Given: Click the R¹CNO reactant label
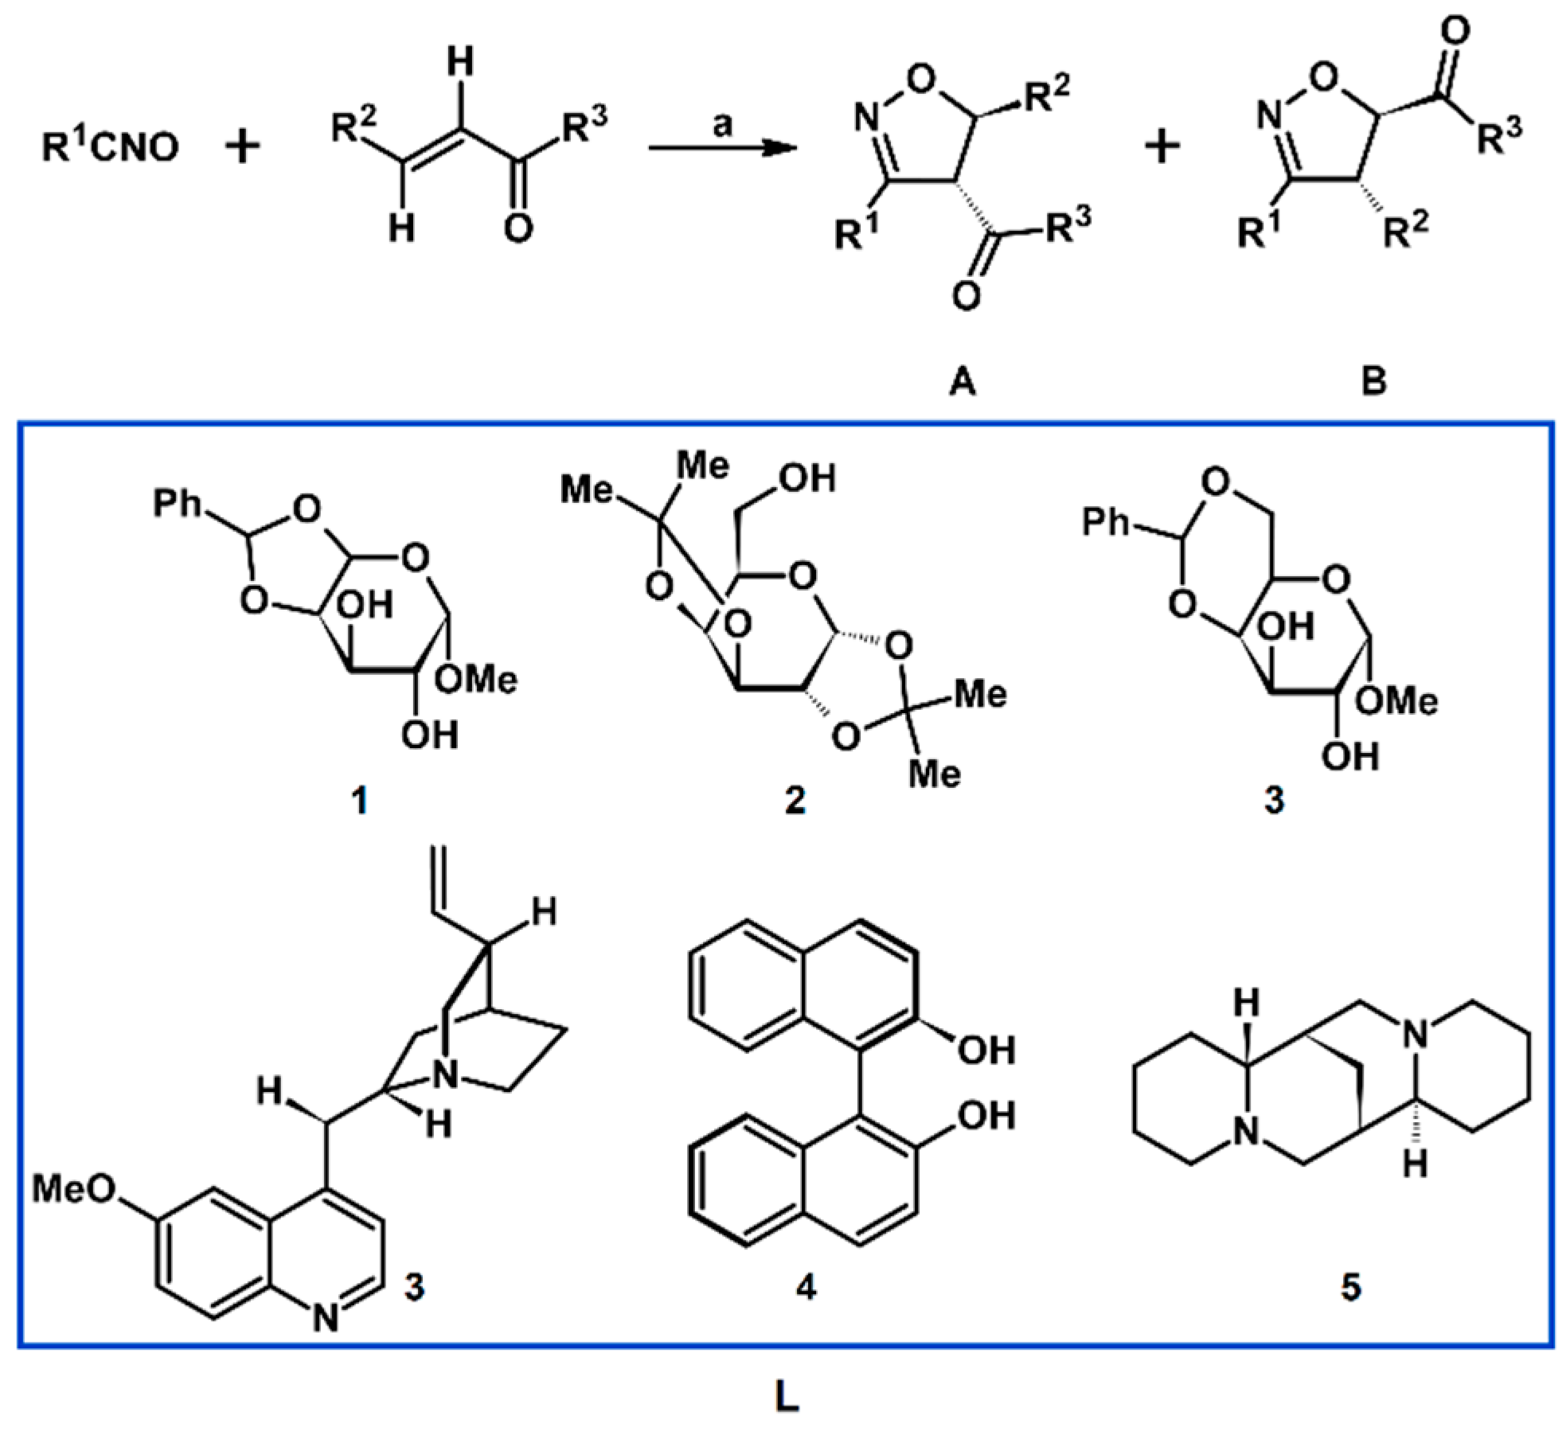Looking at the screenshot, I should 110,148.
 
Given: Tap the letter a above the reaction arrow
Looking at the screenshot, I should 721,125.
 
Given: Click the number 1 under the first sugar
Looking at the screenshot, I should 361,801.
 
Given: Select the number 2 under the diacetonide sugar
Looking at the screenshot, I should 795,801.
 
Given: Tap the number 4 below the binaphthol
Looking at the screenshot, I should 806,1286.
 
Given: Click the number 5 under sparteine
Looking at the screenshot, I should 1351,1286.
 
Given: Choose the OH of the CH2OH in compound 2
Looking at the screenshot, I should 810,479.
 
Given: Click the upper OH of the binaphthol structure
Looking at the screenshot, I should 986,1051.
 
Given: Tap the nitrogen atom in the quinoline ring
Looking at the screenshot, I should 325,1320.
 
